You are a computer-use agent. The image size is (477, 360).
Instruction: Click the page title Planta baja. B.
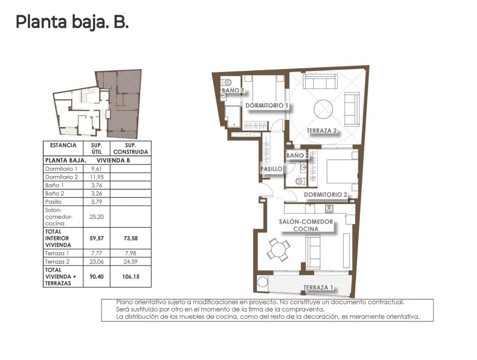coord(72,22)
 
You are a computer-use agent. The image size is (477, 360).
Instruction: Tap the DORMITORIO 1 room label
coord(267,105)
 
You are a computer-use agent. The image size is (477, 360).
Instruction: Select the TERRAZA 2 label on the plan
coord(322,131)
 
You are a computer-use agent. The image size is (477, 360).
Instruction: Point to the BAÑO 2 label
coord(297,156)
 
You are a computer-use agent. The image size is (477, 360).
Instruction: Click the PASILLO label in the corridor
coord(271,169)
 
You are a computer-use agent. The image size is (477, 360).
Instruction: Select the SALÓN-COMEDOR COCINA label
coord(306,225)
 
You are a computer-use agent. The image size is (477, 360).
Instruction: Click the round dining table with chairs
coord(277,251)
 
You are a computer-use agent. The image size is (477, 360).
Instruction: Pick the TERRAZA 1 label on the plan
coord(318,288)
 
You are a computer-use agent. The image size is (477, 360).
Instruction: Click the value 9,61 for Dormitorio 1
coord(96,169)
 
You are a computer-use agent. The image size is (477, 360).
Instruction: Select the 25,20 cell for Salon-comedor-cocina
coord(96,217)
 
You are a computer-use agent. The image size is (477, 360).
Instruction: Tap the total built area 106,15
coord(131,276)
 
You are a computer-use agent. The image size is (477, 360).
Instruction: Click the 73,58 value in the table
coord(131,238)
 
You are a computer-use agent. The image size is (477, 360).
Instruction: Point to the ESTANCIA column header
coord(63,145)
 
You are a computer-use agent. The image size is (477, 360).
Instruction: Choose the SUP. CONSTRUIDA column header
coord(131,149)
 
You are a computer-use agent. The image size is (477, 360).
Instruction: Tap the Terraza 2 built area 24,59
coord(131,261)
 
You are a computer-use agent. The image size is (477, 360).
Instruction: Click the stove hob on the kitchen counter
coord(328,209)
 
